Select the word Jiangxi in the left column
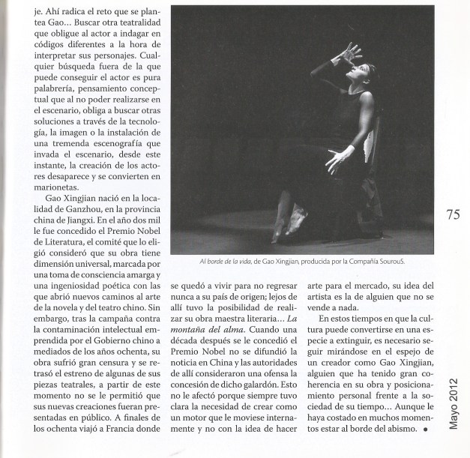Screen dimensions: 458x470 [x=79, y=227]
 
